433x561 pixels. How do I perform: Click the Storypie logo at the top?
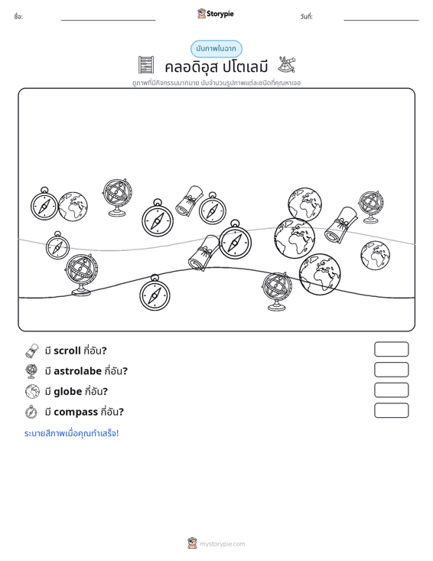(x=216, y=14)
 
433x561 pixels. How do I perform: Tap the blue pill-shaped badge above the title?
(x=216, y=49)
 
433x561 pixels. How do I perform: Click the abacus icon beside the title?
(x=146, y=65)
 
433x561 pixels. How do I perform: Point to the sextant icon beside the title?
(x=287, y=64)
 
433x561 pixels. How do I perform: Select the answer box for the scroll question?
(x=391, y=349)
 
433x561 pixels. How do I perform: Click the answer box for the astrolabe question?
(x=391, y=370)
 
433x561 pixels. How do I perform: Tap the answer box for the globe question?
(x=391, y=390)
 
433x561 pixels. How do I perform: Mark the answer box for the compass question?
(x=391, y=410)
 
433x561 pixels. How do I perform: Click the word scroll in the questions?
(x=67, y=351)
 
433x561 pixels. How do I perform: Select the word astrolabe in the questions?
(x=77, y=371)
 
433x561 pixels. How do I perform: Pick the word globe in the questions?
(x=68, y=391)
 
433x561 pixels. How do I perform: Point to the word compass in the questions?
(x=76, y=413)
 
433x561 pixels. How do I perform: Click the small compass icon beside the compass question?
(x=31, y=412)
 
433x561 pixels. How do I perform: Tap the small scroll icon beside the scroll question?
(x=31, y=351)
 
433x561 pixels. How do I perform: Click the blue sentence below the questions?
(x=71, y=433)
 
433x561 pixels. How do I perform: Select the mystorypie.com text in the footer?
(x=222, y=544)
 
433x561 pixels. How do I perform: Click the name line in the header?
(x=109, y=20)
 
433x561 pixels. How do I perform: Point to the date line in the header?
(x=381, y=20)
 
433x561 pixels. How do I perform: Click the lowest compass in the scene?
(x=155, y=293)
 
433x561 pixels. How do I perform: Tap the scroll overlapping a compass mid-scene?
(x=203, y=253)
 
